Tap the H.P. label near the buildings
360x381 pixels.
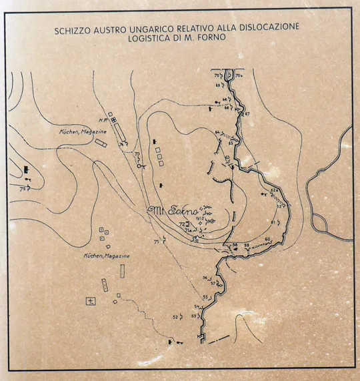[x=103, y=120]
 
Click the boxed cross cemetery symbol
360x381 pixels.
[x=91, y=300]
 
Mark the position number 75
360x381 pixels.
[x=23, y=189]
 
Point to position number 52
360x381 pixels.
[x=175, y=316]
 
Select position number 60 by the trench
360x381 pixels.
[x=267, y=239]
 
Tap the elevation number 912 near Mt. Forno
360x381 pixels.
[x=199, y=218]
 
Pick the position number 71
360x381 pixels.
[x=156, y=242]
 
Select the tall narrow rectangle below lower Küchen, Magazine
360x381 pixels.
[x=123, y=270]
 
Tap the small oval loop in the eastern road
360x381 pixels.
[x=319, y=221]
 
